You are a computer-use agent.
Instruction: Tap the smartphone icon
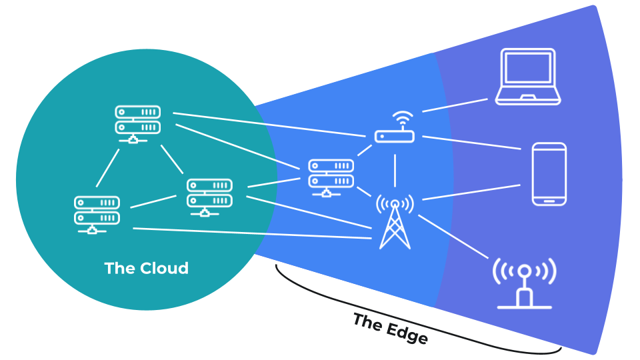pyautogui.click(x=549, y=173)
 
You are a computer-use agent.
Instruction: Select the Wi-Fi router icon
pyautogui.click(x=395, y=135)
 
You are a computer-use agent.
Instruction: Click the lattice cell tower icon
pyautogui.click(x=394, y=223)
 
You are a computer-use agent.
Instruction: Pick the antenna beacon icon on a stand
pyautogui.click(x=525, y=283)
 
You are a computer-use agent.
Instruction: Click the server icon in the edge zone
pyautogui.click(x=331, y=177)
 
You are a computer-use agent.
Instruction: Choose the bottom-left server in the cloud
pyautogui.click(x=97, y=214)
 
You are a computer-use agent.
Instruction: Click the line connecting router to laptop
pyautogui.click(x=455, y=105)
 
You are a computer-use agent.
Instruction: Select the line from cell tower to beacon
pyautogui.click(x=453, y=236)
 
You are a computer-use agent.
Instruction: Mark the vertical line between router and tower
pyautogui.click(x=395, y=170)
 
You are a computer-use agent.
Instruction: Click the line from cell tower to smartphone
pyautogui.click(x=471, y=192)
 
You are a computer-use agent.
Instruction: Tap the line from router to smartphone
pyautogui.click(x=471, y=142)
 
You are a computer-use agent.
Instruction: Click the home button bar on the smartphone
pyautogui.click(x=549, y=198)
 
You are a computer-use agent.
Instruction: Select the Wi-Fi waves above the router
pyautogui.click(x=400, y=118)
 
